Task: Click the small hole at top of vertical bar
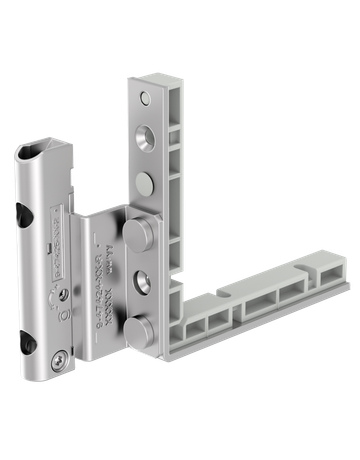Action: pos(145,98)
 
